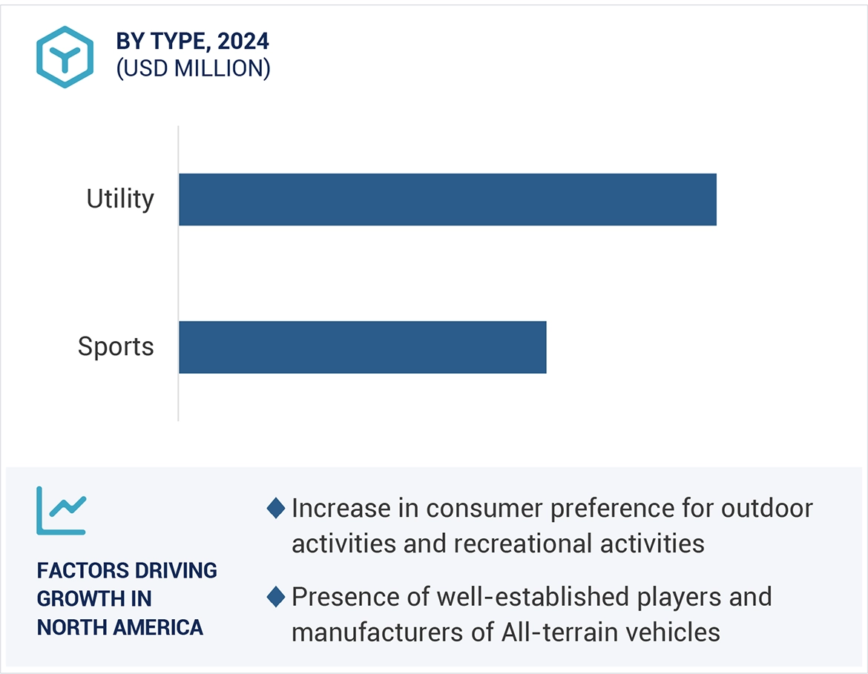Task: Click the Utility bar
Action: tap(447, 199)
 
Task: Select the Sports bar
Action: tap(362, 347)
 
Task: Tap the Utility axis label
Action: tap(120, 199)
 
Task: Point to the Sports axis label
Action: tap(116, 347)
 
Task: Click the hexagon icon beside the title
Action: tap(65, 57)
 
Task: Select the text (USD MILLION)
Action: tap(193, 68)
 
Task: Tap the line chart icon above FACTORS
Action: tap(62, 510)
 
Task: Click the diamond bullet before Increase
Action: tap(276, 509)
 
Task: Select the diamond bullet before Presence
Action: tap(276, 596)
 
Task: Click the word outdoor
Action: tap(767, 509)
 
